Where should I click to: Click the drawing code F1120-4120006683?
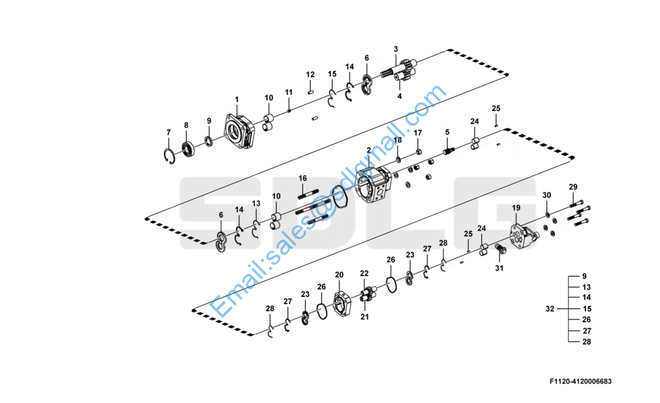(x=581, y=382)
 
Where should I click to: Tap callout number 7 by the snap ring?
(x=169, y=132)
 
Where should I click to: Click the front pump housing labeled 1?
(x=239, y=131)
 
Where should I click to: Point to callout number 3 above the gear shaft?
(x=396, y=49)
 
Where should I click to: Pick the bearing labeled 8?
(x=189, y=148)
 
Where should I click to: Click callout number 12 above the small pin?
(x=311, y=75)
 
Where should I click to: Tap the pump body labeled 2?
(x=374, y=184)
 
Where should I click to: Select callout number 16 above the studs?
(x=302, y=179)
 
